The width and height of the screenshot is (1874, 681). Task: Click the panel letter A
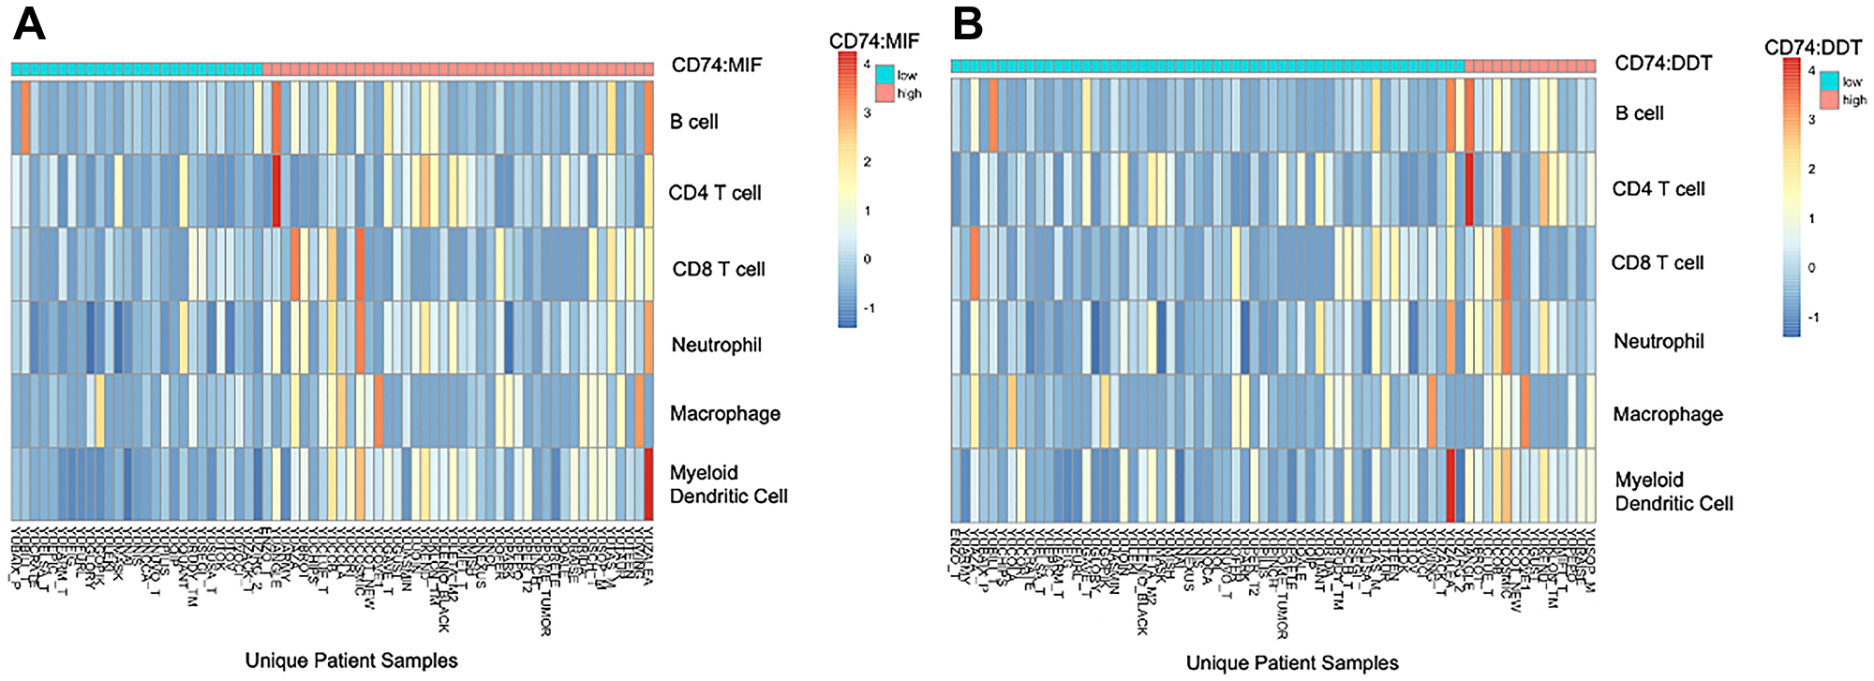click(29, 25)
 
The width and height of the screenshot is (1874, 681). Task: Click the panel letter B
click(968, 25)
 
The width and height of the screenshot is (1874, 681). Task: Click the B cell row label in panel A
click(693, 122)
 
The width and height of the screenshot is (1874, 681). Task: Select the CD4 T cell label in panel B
click(1658, 189)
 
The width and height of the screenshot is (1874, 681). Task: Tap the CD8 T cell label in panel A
click(718, 270)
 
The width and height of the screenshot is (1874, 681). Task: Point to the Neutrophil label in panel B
click(1658, 342)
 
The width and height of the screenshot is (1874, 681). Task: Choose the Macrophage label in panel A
click(724, 414)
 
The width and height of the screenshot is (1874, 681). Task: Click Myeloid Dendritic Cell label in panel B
click(1673, 492)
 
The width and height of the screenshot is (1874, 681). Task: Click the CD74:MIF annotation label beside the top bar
click(716, 66)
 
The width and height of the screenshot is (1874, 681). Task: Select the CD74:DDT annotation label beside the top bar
click(1662, 64)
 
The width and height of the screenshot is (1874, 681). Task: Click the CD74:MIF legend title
click(873, 41)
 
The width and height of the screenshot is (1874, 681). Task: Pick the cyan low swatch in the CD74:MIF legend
click(885, 74)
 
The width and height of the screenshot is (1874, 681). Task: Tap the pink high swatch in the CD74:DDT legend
click(1829, 100)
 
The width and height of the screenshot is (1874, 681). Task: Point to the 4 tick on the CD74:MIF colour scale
click(868, 65)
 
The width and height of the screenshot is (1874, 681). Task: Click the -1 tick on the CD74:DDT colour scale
click(1812, 318)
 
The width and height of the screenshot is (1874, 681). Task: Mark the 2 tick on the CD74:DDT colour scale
click(1812, 170)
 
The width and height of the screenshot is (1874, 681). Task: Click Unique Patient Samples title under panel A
click(351, 661)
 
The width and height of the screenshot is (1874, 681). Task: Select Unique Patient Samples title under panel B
click(1292, 663)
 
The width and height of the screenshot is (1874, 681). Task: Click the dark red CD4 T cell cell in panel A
click(276, 191)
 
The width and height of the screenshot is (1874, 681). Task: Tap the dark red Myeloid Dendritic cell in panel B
click(1450, 485)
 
